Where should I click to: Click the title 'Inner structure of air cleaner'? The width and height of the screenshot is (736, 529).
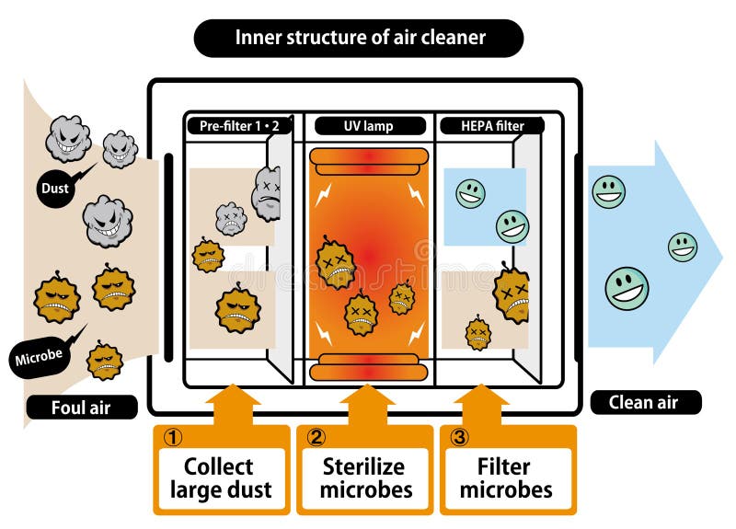click(360, 38)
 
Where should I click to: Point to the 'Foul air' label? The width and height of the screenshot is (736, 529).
click(82, 406)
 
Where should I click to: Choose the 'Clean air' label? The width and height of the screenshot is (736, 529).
click(644, 402)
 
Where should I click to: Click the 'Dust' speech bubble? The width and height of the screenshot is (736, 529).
click(54, 190)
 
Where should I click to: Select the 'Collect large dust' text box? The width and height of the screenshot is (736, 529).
click(221, 477)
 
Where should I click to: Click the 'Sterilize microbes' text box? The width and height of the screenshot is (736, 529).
click(365, 477)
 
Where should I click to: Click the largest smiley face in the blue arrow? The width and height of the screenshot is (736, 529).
click(627, 288)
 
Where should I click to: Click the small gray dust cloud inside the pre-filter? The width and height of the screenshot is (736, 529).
click(231, 218)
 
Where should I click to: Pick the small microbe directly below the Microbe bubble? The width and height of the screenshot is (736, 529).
click(105, 360)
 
